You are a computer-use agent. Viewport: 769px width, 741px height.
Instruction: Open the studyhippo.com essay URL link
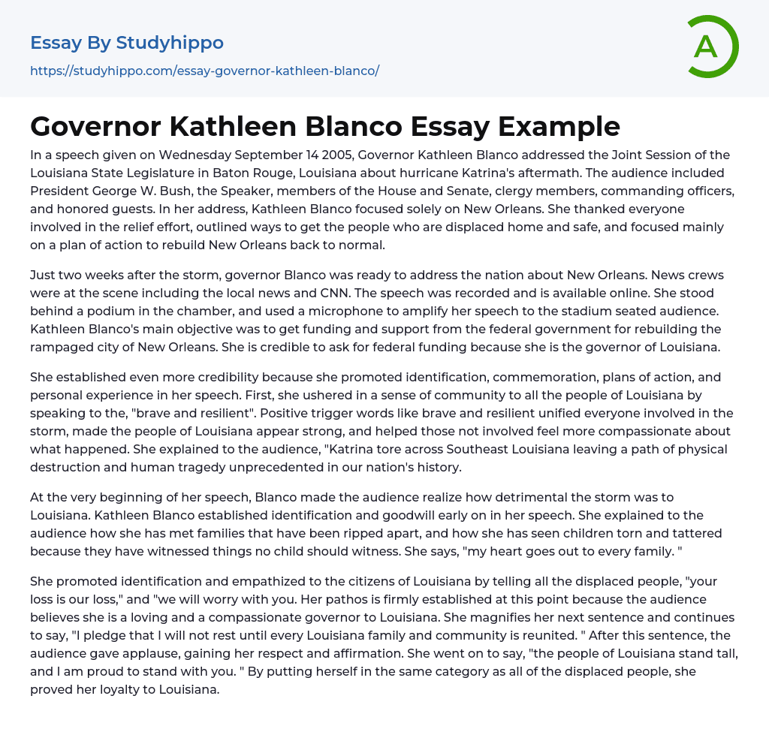tap(204, 71)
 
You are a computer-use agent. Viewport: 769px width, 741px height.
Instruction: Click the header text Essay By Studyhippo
tap(127, 43)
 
